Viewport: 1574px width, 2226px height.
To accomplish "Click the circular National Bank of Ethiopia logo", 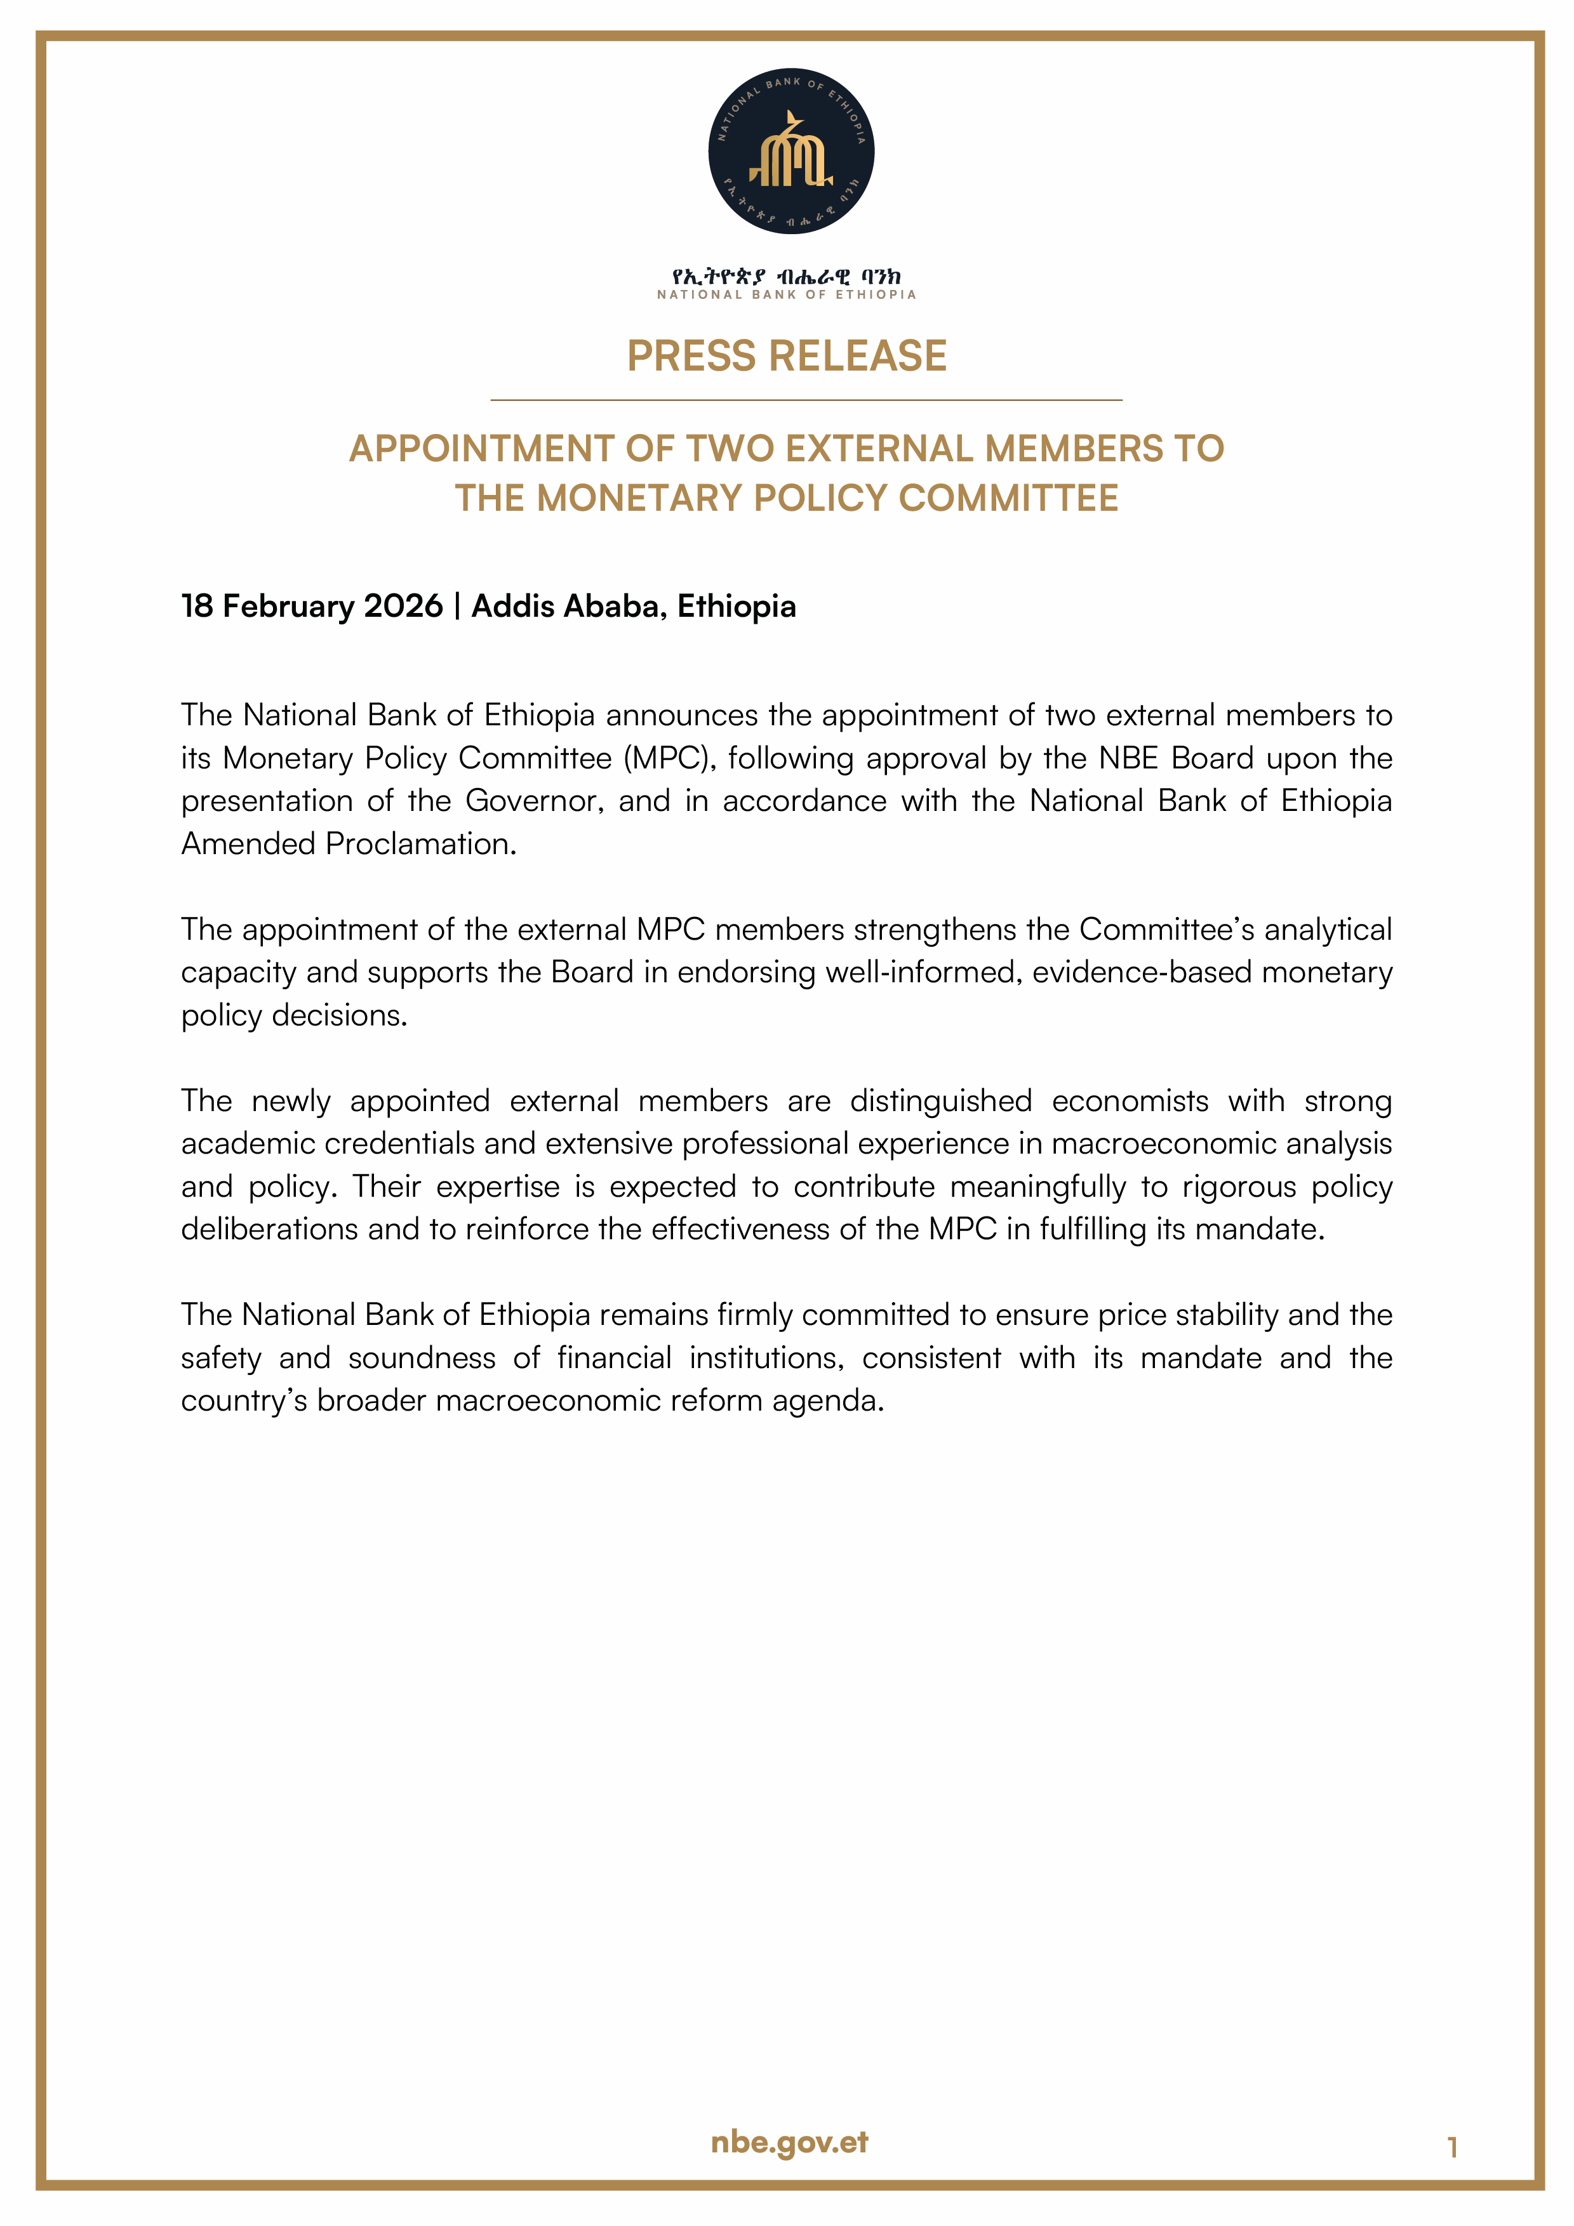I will [790, 151].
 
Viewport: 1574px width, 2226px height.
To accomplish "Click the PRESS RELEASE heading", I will [787, 356].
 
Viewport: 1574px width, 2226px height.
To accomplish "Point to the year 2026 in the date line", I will [403, 606].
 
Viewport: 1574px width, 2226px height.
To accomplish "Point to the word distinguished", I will [940, 1102].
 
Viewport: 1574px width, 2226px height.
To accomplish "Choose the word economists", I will [1130, 1102].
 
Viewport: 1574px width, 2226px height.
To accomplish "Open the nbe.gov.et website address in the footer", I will [789, 2143].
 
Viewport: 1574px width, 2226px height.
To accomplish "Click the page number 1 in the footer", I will [1452, 2149].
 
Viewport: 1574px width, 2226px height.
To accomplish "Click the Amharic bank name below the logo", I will [787, 278].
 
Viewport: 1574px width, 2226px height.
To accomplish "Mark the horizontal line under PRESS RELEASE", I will [806, 399].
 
